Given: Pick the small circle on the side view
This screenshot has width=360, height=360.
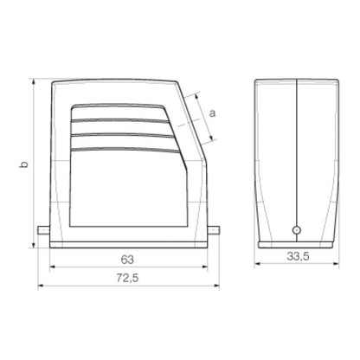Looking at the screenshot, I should (x=296, y=230).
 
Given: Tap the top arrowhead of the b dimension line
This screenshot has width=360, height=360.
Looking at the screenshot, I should (x=33, y=81).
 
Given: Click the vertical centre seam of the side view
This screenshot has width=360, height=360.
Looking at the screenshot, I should (x=296, y=156).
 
